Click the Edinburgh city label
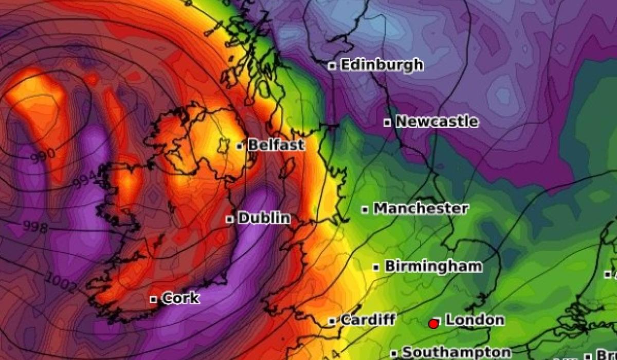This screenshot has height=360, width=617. click(382, 65)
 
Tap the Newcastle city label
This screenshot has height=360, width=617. click(437, 122)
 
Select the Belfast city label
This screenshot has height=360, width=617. click(276, 146)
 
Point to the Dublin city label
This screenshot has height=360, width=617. click(264, 219)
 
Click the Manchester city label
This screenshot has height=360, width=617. click(421, 209)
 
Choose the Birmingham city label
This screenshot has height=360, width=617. click(433, 266)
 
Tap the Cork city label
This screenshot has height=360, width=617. click(180, 298)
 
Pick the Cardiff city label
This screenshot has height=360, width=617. click(368, 320)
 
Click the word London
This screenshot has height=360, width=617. click(475, 320)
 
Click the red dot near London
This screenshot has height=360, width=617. click(433, 324)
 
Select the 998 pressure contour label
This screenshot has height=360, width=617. click(35, 227)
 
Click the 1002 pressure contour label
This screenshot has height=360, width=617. click(62, 283)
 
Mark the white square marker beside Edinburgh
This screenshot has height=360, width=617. click(333, 66)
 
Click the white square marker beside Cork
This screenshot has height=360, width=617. click(153, 299)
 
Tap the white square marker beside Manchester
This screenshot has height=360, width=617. click(365, 209)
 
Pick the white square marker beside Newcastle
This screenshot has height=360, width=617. click(388, 122)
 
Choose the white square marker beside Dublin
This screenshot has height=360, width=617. click(230, 219)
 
